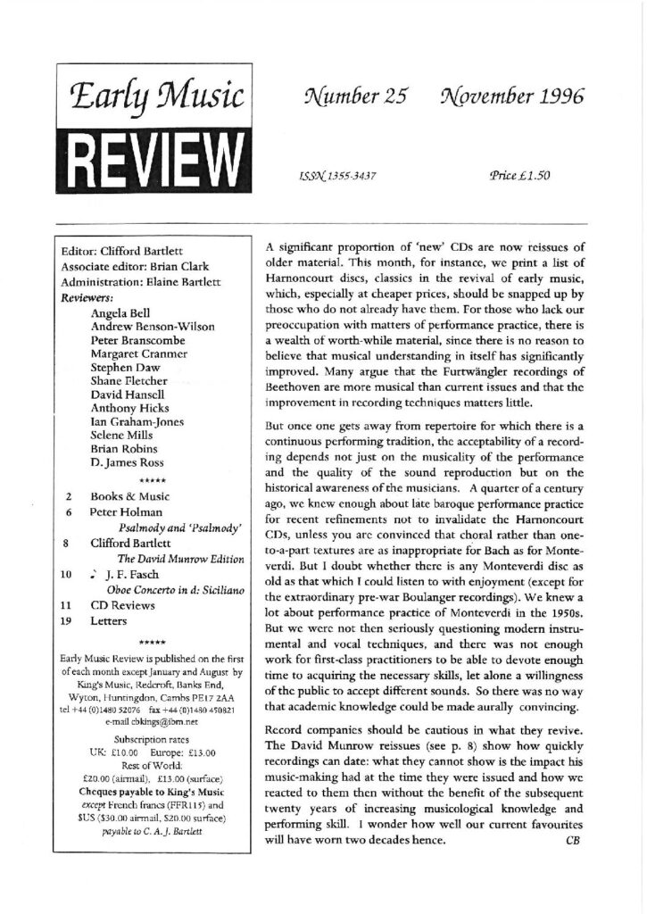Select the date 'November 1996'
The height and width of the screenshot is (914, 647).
point(506,99)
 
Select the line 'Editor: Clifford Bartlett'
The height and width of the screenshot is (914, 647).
point(123,252)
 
